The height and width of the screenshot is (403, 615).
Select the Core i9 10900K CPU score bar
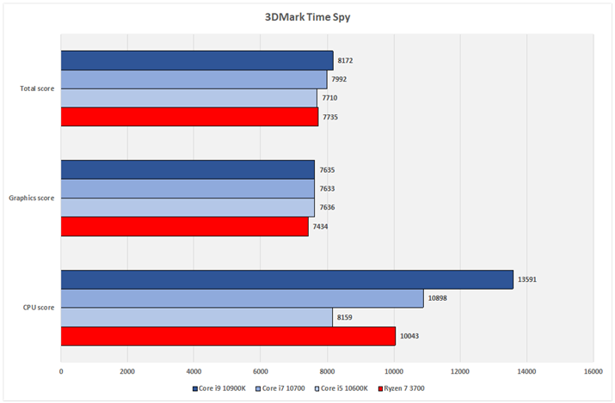[x=286, y=280]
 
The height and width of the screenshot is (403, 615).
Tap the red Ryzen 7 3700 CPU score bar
[x=228, y=335]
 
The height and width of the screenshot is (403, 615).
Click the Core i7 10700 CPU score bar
[x=242, y=298]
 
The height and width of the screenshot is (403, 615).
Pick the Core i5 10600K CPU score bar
[x=196, y=317]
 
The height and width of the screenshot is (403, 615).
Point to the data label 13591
[x=528, y=280]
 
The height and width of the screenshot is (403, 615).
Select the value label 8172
[x=345, y=60]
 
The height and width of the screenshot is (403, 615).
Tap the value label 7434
[x=320, y=226]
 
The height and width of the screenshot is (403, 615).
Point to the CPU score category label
[x=40, y=308]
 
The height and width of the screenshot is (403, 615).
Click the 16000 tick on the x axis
[x=593, y=372]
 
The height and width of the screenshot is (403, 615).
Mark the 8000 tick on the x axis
[x=327, y=372]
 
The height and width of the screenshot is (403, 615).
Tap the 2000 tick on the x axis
[x=127, y=372]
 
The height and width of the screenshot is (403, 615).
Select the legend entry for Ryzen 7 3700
[x=403, y=388]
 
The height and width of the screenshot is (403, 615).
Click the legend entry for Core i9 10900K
[x=221, y=388]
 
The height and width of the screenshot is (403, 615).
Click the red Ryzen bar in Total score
[x=189, y=116]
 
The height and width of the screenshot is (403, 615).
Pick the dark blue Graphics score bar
[x=188, y=170]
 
